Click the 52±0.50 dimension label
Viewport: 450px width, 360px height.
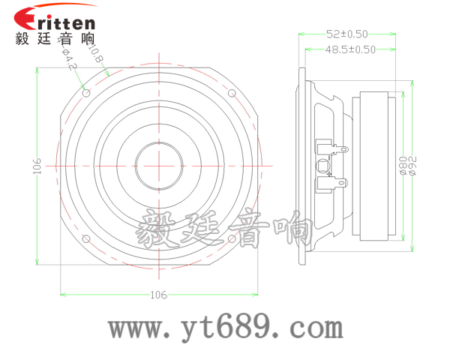point(347,34)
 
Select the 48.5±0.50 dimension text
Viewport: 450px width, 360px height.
point(350,49)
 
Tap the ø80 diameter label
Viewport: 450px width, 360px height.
point(403,166)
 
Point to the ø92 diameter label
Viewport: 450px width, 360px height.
point(412,166)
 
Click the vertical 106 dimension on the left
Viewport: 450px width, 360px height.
point(37,166)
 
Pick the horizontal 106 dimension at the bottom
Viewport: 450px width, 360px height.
point(159,295)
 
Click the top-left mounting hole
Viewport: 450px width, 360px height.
point(86,93)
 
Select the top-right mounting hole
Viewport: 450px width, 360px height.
point(232,93)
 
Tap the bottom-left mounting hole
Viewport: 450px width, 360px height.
point(86,238)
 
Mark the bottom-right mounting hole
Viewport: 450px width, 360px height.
point(232,238)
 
